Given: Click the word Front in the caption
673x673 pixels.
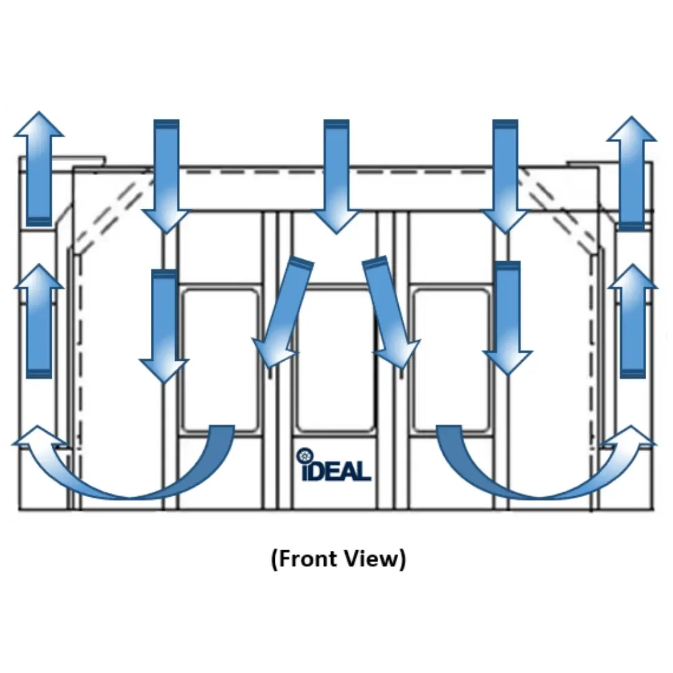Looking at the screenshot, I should [x=309, y=558].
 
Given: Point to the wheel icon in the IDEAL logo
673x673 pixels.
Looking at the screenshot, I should [x=304, y=456].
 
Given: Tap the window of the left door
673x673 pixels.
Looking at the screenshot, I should [x=219, y=360].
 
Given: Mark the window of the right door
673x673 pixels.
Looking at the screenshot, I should [x=451, y=360].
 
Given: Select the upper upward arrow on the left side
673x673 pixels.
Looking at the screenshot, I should [x=39, y=168].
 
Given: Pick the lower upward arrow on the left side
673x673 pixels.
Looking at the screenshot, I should [x=39, y=320].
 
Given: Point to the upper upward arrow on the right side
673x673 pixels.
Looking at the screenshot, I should [x=632, y=172].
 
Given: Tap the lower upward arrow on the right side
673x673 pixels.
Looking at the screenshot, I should [x=632, y=320].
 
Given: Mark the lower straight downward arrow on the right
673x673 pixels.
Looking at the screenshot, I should [x=508, y=318].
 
